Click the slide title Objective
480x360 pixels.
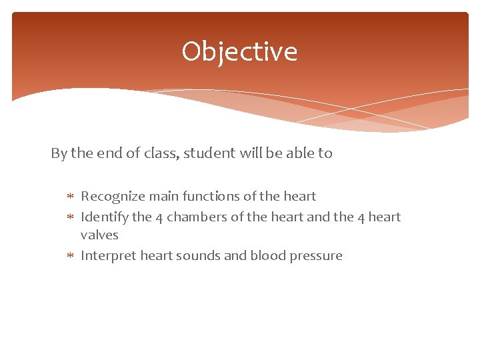click(239, 51)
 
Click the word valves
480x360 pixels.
click(99, 235)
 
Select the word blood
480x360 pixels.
click(268, 256)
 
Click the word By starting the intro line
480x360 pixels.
click(59, 153)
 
